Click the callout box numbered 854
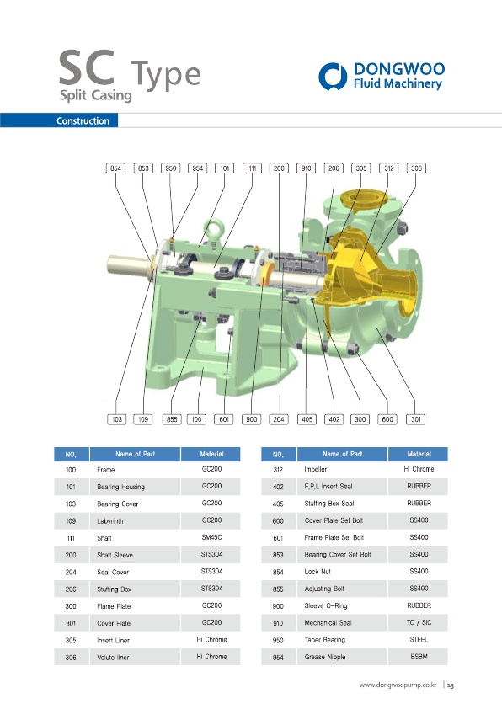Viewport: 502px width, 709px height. (x=115, y=168)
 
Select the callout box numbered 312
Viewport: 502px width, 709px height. (x=389, y=168)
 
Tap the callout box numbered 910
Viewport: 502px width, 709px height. (x=307, y=168)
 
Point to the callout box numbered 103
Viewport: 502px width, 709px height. (x=117, y=419)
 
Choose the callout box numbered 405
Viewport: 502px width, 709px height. (x=307, y=419)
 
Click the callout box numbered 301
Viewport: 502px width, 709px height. (x=415, y=419)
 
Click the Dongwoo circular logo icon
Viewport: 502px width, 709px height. (x=333, y=76)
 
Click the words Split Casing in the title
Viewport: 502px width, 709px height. (x=96, y=95)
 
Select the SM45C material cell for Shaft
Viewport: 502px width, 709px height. (x=211, y=537)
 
